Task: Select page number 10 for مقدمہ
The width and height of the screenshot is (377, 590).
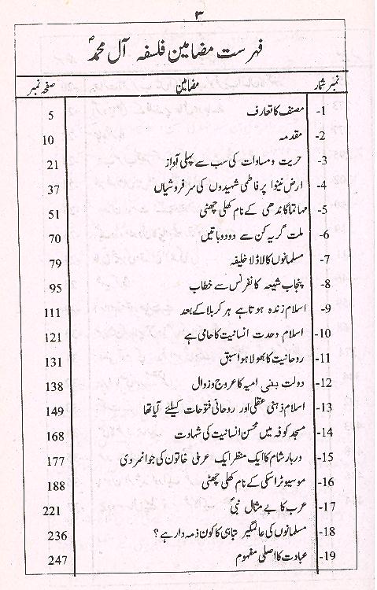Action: (x=47, y=141)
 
